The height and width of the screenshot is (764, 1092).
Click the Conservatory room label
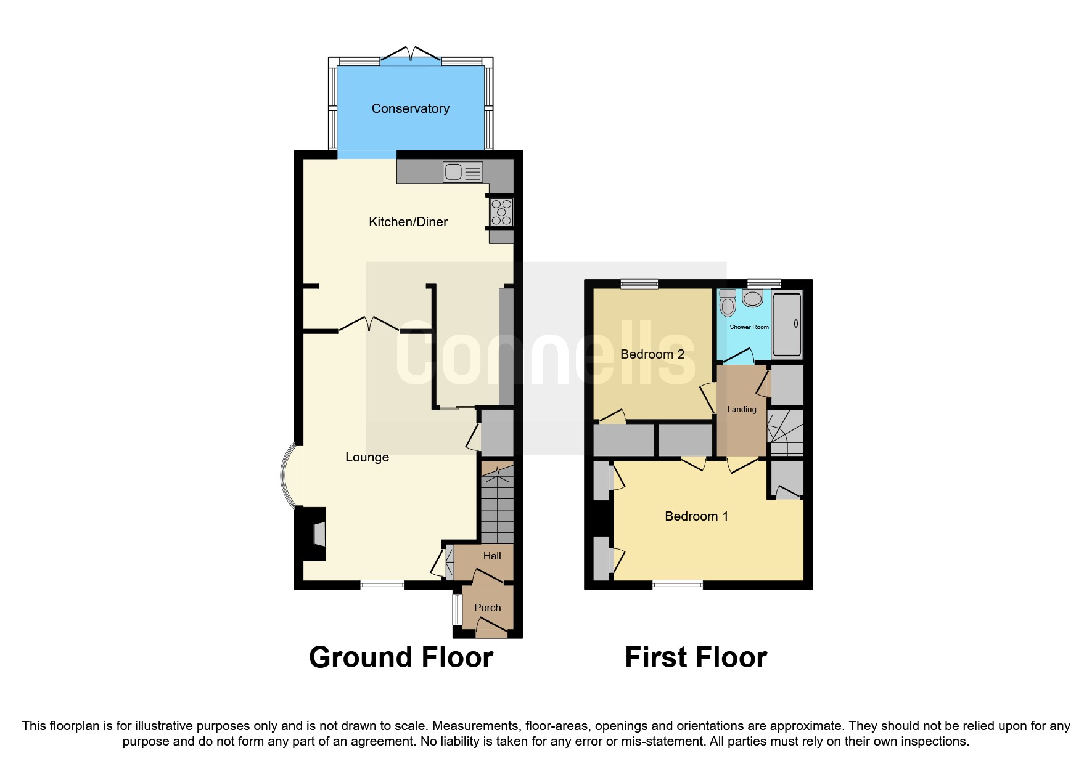[x=410, y=108]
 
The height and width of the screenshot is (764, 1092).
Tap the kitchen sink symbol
[x=462, y=172]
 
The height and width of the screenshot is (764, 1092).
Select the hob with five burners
[x=501, y=212]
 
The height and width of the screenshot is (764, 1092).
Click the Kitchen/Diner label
[x=408, y=222]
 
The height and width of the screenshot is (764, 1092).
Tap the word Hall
[x=491, y=556]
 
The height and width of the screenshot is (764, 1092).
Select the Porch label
[x=487, y=608]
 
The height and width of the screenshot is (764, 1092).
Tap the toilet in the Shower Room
[x=728, y=303]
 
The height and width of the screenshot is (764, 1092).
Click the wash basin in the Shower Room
[x=752, y=299]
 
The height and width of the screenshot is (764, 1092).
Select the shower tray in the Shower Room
[x=787, y=324]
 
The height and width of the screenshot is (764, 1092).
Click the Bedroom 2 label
[x=652, y=354]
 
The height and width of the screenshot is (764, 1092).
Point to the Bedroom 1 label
[x=696, y=516]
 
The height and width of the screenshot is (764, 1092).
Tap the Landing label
[x=741, y=409]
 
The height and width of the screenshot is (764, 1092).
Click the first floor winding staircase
[x=785, y=433]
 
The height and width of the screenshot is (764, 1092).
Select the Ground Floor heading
[x=401, y=657]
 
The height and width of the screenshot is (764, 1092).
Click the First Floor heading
[x=696, y=657]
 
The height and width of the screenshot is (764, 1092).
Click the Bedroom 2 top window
[x=639, y=284]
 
